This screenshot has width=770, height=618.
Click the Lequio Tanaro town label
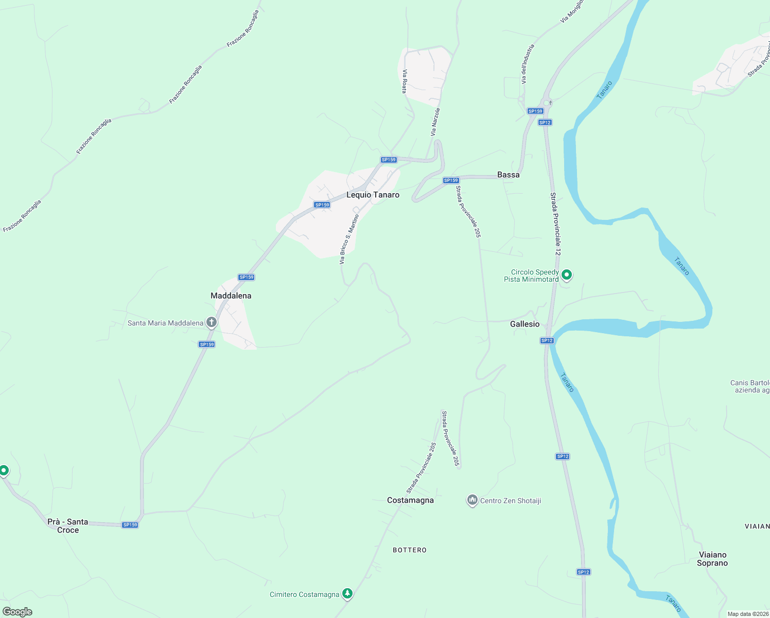[373, 195]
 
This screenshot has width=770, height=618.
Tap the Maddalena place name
[231, 296]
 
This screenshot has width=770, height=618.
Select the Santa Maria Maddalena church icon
[211, 323]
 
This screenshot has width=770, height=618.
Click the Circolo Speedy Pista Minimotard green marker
[567, 275]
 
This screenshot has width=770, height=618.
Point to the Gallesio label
[524, 324]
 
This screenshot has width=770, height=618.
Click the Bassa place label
[508, 175]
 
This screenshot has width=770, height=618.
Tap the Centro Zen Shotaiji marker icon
[472, 500]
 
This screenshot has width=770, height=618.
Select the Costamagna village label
[410, 500]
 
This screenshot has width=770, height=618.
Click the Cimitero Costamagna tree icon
[347, 594]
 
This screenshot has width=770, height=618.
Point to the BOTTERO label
[410, 550]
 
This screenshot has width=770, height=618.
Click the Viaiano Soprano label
[712, 559]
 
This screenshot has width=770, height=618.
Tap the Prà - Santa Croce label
[67, 526]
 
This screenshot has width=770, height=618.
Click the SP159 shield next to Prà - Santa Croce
[130, 525]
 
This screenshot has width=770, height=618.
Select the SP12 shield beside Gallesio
[547, 340]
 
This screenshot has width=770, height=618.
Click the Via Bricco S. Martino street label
[349, 239]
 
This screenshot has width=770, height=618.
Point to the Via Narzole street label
[435, 122]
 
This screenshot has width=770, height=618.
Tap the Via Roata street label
[405, 81]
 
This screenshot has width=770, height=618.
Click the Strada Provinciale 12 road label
[555, 224]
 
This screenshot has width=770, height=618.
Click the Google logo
[17, 612]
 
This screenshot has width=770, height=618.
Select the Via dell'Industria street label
[528, 64]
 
